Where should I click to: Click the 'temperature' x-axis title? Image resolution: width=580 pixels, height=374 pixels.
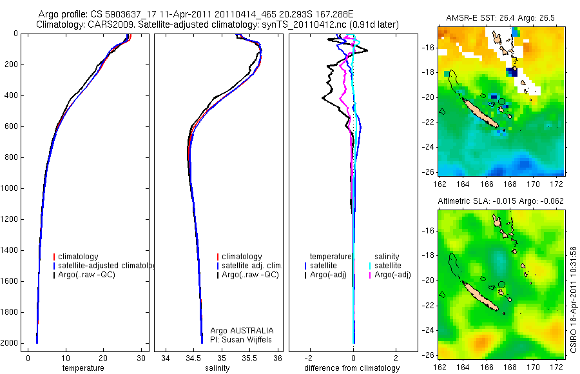point(83,368)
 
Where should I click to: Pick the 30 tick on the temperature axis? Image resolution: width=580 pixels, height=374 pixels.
point(140,358)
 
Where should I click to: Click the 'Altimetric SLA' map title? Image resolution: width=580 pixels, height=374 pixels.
point(501,201)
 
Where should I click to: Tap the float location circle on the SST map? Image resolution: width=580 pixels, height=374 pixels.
point(502,101)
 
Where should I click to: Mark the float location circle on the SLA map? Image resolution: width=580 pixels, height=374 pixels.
point(502,284)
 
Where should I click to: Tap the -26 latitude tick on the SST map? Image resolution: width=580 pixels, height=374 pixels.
point(429,172)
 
